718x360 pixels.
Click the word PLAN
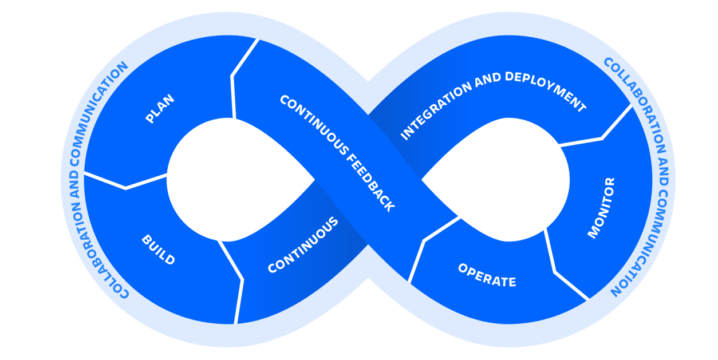click(160, 109)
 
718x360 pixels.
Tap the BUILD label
click(158, 250)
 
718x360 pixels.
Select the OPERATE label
click(487, 275)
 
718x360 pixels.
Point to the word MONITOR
click(601, 208)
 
